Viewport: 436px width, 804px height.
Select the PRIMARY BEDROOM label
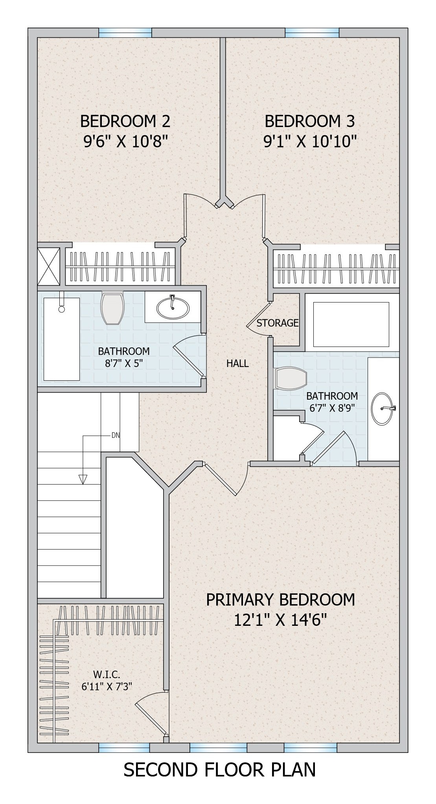point(280,599)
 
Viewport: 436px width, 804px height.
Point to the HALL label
point(237,363)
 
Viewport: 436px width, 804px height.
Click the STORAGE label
point(278,323)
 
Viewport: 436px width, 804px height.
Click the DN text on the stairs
point(116,435)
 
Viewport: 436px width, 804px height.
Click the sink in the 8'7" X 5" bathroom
point(173,308)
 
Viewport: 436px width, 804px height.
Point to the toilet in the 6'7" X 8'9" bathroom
point(290,378)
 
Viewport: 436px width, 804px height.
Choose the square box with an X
point(49,266)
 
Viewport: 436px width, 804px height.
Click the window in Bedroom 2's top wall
point(125,33)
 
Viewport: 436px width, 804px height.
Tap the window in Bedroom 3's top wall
point(312,33)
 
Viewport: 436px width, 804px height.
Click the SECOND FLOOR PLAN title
point(219,781)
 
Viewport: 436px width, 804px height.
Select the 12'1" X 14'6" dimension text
point(281,620)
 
